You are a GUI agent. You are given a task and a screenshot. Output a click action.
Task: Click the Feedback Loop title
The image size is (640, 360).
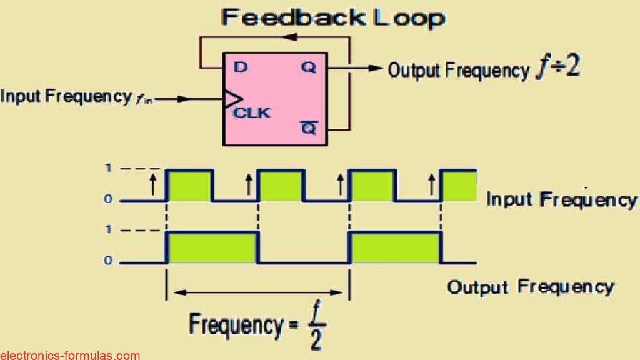coord(333,17)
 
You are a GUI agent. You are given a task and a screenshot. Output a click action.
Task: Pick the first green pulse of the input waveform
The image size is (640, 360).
coord(190,185)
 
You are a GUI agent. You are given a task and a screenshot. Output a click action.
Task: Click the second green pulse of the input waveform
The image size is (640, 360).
coord(281,185)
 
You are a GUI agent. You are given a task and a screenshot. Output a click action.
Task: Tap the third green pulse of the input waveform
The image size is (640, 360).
coord(371,185)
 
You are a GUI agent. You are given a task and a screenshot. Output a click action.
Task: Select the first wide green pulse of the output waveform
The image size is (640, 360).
coord(212,247)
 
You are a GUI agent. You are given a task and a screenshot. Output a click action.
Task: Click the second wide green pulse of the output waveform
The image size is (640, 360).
coord(394,247)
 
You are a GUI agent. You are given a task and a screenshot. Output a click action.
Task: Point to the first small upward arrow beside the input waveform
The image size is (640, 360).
coord(152,184)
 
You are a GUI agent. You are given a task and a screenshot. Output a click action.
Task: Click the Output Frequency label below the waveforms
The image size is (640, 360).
coord(530,287)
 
